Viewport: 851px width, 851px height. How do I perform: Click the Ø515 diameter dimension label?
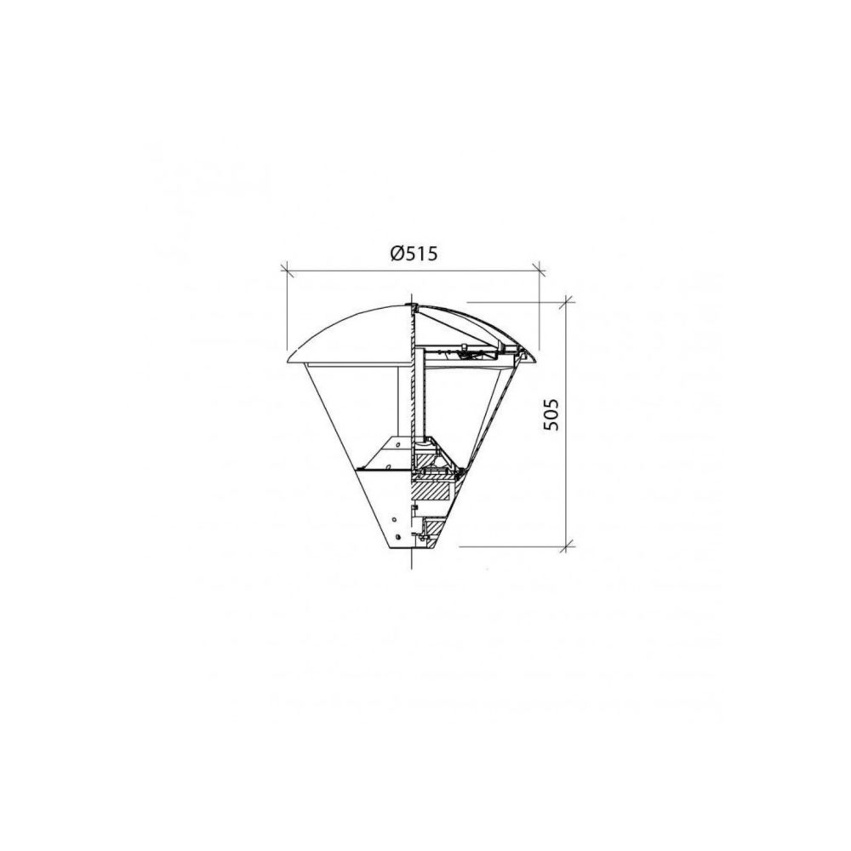pyautogui.click(x=414, y=254)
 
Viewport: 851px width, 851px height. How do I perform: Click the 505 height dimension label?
pyautogui.click(x=551, y=414)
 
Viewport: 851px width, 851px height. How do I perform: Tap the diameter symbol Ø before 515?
pyautogui.click(x=397, y=254)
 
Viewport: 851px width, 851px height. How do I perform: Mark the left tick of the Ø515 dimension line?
pyautogui.click(x=287, y=269)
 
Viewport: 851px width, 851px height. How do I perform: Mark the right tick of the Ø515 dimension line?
pyautogui.click(x=539, y=269)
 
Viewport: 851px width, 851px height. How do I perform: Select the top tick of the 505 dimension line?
pyautogui.click(x=567, y=302)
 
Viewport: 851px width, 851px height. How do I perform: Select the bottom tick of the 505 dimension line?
pyautogui.click(x=567, y=546)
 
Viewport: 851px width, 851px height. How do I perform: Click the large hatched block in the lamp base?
pyautogui.click(x=432, y=491)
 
